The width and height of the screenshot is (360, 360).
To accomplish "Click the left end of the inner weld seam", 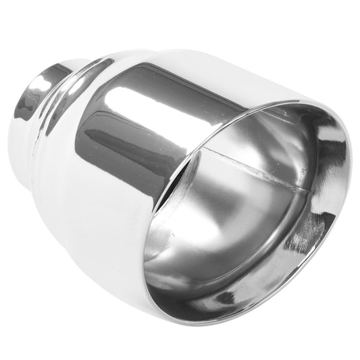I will pos(203,152).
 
